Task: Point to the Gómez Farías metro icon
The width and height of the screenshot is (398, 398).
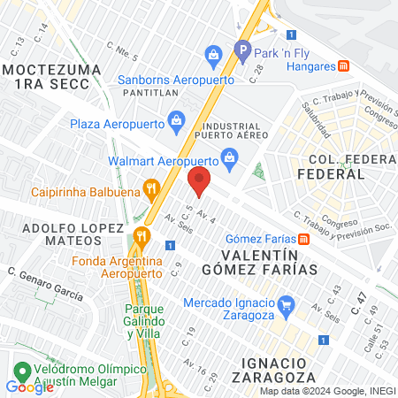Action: point(303,239)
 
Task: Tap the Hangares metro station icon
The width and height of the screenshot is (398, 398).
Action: point(343,66)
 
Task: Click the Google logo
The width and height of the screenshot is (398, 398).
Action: point(29,387)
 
